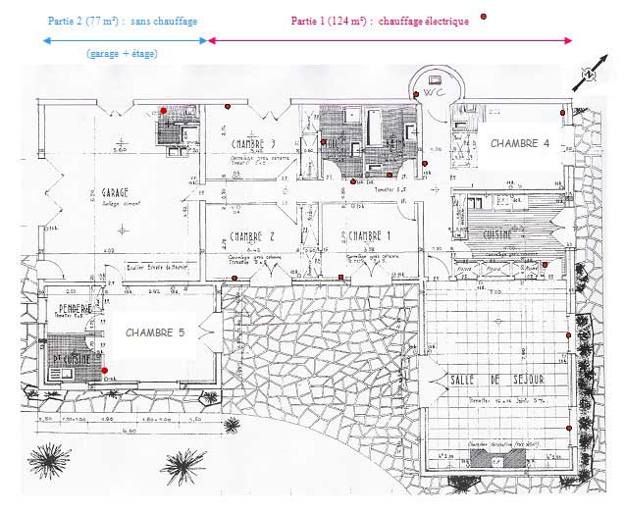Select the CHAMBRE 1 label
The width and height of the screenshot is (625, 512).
pyautogui.click(x=370, y=236)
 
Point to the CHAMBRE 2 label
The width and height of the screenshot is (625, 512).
pyautogui.click(x=250, y=236)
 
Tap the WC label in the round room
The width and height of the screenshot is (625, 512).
pyautogui.click(x=438, y=92)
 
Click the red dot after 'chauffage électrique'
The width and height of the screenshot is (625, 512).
pyautogui.click(x=483, y=18)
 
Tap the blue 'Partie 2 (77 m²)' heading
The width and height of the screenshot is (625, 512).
pyautogui.click(x=122, y=20)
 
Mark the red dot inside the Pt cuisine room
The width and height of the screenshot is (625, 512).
pyautogui.click(x=105, y=370)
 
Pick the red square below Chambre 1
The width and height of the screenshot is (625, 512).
pyautogui.click(x=340, y=278)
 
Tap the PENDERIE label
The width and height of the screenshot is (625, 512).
pyautogui.click(x=73, y=308)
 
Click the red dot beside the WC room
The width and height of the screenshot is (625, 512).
pyautogui.click(x=416, y=94)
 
